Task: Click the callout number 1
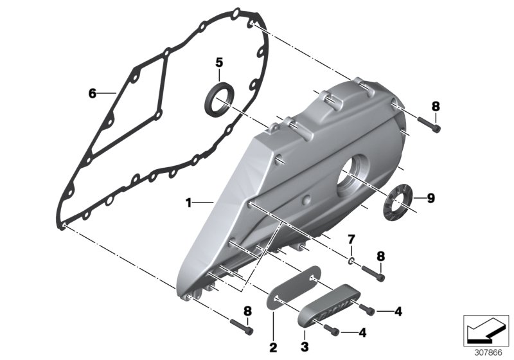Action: click(x=189, y=203)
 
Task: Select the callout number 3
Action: click(x=305, y=348)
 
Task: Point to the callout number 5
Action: click(x=218, y=62)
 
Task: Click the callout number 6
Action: click(x=92, y=94)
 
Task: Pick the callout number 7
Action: click(x=351, y=240)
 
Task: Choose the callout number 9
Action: click(x=431, y=199)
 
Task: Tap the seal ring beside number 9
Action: click(x=398, y=201)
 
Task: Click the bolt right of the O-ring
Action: click(x=374, y=273)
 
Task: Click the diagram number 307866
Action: click(x=488, y=352)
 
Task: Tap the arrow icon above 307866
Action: click(x=486, y=330)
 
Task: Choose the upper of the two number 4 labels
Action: click(x=398, y=312)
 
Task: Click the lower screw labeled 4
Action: click(x=332, y=330)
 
